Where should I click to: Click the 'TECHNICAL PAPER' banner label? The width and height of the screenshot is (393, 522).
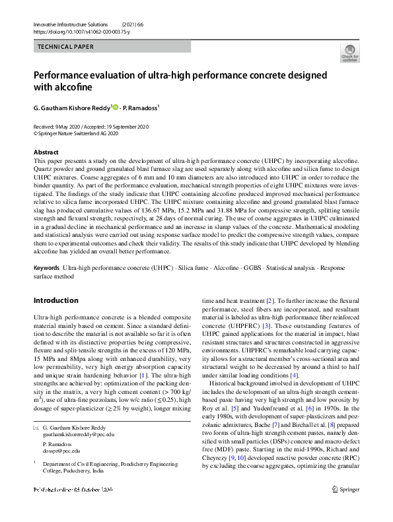[65, 47]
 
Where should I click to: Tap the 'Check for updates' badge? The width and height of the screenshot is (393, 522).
[349, 53]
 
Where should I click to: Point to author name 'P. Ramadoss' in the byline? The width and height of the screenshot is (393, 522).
[142, 107]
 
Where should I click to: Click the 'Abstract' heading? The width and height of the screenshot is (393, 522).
[46, 152]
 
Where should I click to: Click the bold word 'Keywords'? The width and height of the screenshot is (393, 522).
[46, 267]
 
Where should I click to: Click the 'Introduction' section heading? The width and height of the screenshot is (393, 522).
[55, 300]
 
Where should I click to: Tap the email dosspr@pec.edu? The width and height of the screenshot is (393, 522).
[61, 451]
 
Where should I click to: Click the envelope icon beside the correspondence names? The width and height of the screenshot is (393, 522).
[36, 428]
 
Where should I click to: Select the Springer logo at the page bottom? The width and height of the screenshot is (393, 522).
[345, 508]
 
